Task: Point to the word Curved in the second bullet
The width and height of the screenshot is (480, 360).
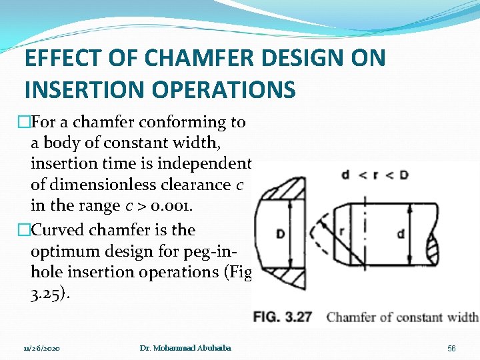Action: [x=53, y=230]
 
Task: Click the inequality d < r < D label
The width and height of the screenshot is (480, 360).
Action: [x=375, y=175]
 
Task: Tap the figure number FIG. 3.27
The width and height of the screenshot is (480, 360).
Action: [x=283, y=317]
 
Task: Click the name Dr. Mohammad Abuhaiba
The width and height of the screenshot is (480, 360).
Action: [x=185, y=349]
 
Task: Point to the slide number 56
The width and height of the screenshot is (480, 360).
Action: [x=451, y=349]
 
